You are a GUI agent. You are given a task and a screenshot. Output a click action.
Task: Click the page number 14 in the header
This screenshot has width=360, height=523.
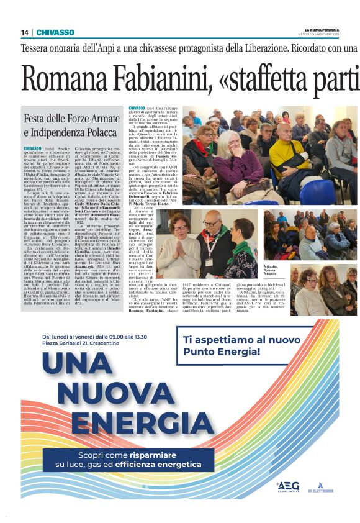pyautogui.click(x=24, y=32)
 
